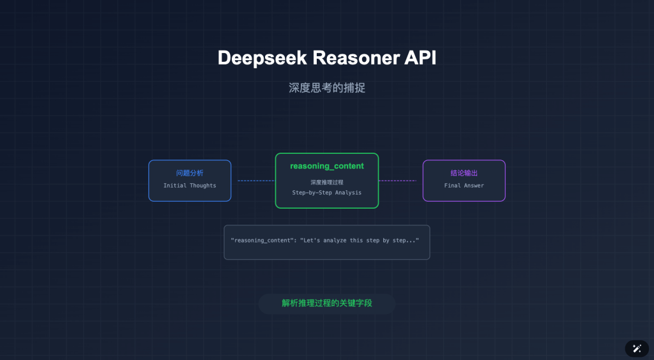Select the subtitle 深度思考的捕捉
tap(327, 88)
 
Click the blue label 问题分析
tap(190, 173)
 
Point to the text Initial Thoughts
tap(190, 186)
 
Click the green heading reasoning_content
tap(327, 166)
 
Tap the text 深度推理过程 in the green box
tap(327, 182)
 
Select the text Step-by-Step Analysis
tap(327, 192)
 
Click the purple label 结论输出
tap(464, 173)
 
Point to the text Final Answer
tap(464, 186)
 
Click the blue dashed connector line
tap(255, 181)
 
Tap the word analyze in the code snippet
tap(335, 240)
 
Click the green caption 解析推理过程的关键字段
tap(327, 303)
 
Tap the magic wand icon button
tap(636, 348)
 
